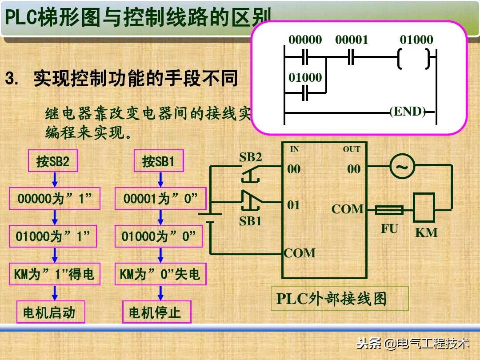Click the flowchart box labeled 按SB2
(53, 161)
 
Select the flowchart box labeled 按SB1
(159, 161)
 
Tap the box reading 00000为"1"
(55, 199)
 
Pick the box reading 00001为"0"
(160, 199)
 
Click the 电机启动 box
(51, 312)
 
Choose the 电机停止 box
(157, 312)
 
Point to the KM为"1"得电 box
(55, 274)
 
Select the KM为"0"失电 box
(160, 274)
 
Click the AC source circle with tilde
(402, 167)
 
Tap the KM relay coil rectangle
(424, 208)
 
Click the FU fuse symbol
(389, 210)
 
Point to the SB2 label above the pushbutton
(251, 157)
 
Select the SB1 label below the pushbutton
(251, 221)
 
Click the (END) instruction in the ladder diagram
(408, 112)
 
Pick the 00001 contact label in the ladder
(352, 40)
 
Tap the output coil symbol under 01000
(414, 58)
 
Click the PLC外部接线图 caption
(331, 299)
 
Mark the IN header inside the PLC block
(295, 150)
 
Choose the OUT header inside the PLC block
(351, 150)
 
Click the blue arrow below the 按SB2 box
(55, 180)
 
